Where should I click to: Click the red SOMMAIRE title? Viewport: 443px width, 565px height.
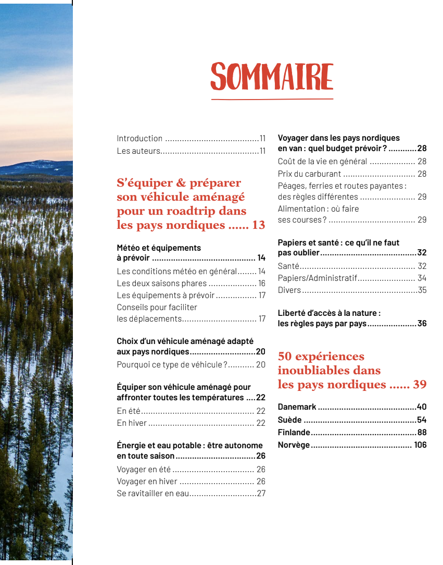point(272,77)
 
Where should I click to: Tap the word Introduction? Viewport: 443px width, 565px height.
point(140,139)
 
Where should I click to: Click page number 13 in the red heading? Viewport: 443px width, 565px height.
point(258,226)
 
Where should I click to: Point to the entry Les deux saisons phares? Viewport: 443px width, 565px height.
point(161,284)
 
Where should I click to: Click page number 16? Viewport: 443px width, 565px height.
point(261,284)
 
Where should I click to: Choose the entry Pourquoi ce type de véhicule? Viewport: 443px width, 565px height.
point(172,365)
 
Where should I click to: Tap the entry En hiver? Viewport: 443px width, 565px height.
point(132,423)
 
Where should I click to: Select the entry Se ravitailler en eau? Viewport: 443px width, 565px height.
point(153,494)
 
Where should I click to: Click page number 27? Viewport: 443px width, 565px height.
point(261,494)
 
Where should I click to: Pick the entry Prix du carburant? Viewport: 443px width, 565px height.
point(309,174)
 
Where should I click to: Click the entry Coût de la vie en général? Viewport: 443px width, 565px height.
point(322,162)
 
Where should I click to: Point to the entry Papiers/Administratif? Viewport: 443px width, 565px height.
point(317,278)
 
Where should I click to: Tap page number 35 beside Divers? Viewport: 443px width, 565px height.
point(422,290)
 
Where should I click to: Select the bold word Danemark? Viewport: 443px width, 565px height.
point(297,407)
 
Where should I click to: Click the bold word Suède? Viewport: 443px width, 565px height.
point(289,420)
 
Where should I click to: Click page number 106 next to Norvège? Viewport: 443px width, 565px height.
point(420,445)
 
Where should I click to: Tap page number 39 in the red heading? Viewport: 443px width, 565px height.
point(420,385)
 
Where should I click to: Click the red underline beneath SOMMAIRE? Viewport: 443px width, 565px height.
point(272,99)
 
